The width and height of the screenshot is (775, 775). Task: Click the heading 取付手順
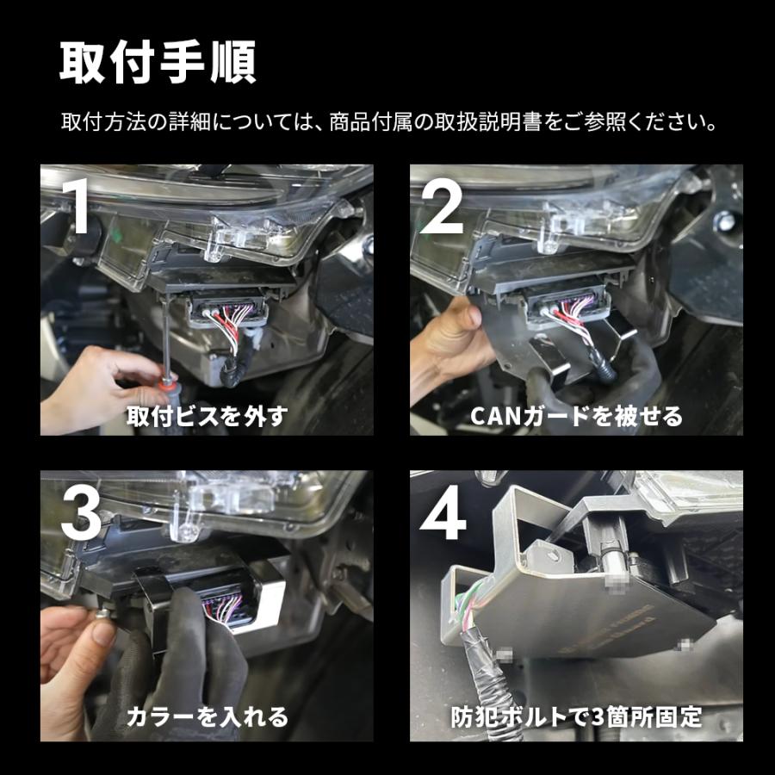(x=158, y=61)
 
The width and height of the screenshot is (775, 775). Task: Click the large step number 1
(x=80, y=206)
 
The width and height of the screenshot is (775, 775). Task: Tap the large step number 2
(x=445, y=206)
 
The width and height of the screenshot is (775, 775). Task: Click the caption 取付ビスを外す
(x=206, y=416)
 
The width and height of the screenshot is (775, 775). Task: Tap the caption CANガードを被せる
(x=576, y=416)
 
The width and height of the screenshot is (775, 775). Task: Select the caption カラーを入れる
(x=207, y=716)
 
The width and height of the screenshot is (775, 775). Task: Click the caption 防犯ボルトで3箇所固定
(x=576, y=716)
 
